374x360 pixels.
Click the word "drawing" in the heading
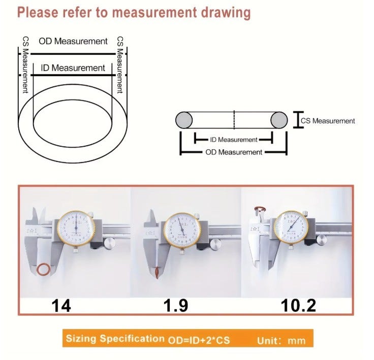pyautogui.click(x=226, y=13)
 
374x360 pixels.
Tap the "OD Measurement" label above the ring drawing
pyautogui.click(x=73, y=41)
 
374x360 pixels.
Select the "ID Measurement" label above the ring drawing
pyautogui.click(x=73, y=68)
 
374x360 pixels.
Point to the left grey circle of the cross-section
pyautogui.click(x=184, y=120)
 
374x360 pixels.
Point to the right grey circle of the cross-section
pyautogui.click(x=279, y=120)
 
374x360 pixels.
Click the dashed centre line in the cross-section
pyautogui.click(x=234, y=120)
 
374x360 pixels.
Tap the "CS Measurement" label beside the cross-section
pyautogui.click(x=328, y=121)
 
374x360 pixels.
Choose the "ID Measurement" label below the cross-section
pyautogui.click(x=234, y=140)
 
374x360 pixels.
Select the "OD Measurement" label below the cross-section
pyautogui.click(x=234, y=152)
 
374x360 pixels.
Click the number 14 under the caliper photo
pyautogui.click(x=61, y=306)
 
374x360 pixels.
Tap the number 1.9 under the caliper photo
pyautogui.click(x=176, y=306)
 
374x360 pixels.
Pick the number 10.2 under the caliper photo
pyautogui.click(x=298, y=306)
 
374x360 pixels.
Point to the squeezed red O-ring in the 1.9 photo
pyautogui.click(x=157, y=273)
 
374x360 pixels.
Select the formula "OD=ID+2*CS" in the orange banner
pyautogui.click(x=199, y=340)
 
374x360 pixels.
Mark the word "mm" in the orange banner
pyautogui.click(x=297, y=341)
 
